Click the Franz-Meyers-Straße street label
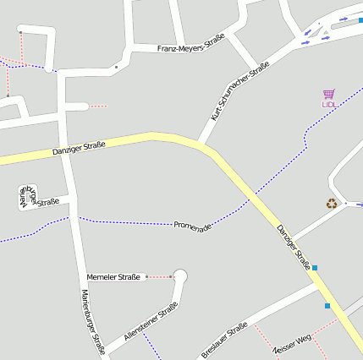pyautogui.click(x=190, y=49)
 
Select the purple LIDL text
pyautogui.click(x=329, y=104)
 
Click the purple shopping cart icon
pyautogui.click(x=328, y=94)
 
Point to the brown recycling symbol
pyautogui.click(x=332, y=203)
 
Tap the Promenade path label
pyautogui.click(x=192, y=226)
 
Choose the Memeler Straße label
pyautogui.click(x=113, y=276)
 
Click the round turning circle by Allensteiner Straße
pyautogui.click(x=179, y=275)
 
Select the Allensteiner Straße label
pyautogui.click(x=151, y=321)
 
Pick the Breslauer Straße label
pyautogui.click(x=224, y=339)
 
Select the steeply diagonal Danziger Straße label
pyautogui.click(x=294, y=246)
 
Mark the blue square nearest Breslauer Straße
pyautogui.click(x=327, y=306)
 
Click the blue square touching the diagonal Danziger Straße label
pyautogui.click(x=315, y=268)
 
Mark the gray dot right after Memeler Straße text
pyautogui.click(x=146, y=276)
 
